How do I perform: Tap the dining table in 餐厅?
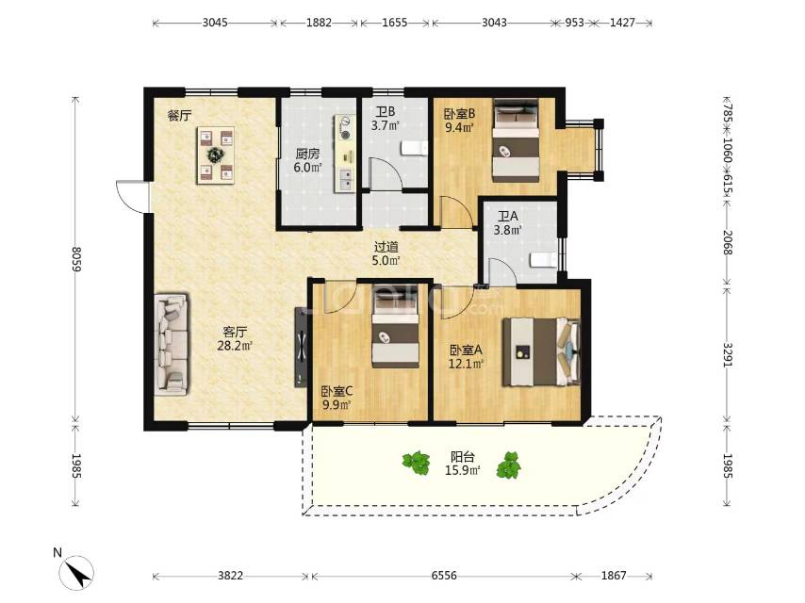click(x=216, y=155)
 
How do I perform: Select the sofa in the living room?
click(x=171, y=344)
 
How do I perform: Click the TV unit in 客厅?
click(x=301, y=347)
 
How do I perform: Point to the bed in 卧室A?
click(x=541, y=352)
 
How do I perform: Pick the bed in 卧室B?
click(x=516, y=139)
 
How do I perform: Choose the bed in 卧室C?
click(x=395, y=326)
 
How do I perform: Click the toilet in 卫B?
click(x=414, y=148)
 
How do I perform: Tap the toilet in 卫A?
click(x=543, y=260)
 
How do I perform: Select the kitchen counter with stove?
click(x=345, y=154)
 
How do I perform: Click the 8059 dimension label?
click(x=76, y=259)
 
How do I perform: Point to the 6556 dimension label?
click(x=444, y=576)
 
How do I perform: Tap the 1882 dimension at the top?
click(x=319, y=23)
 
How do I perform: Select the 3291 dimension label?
click(x=727, y=354)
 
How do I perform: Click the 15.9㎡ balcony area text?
click(x=463, y=470)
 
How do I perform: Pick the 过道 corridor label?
click(x=386, y=247)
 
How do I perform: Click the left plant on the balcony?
click(x=417, y=464)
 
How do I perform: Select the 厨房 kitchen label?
click(x=307, y=154)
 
